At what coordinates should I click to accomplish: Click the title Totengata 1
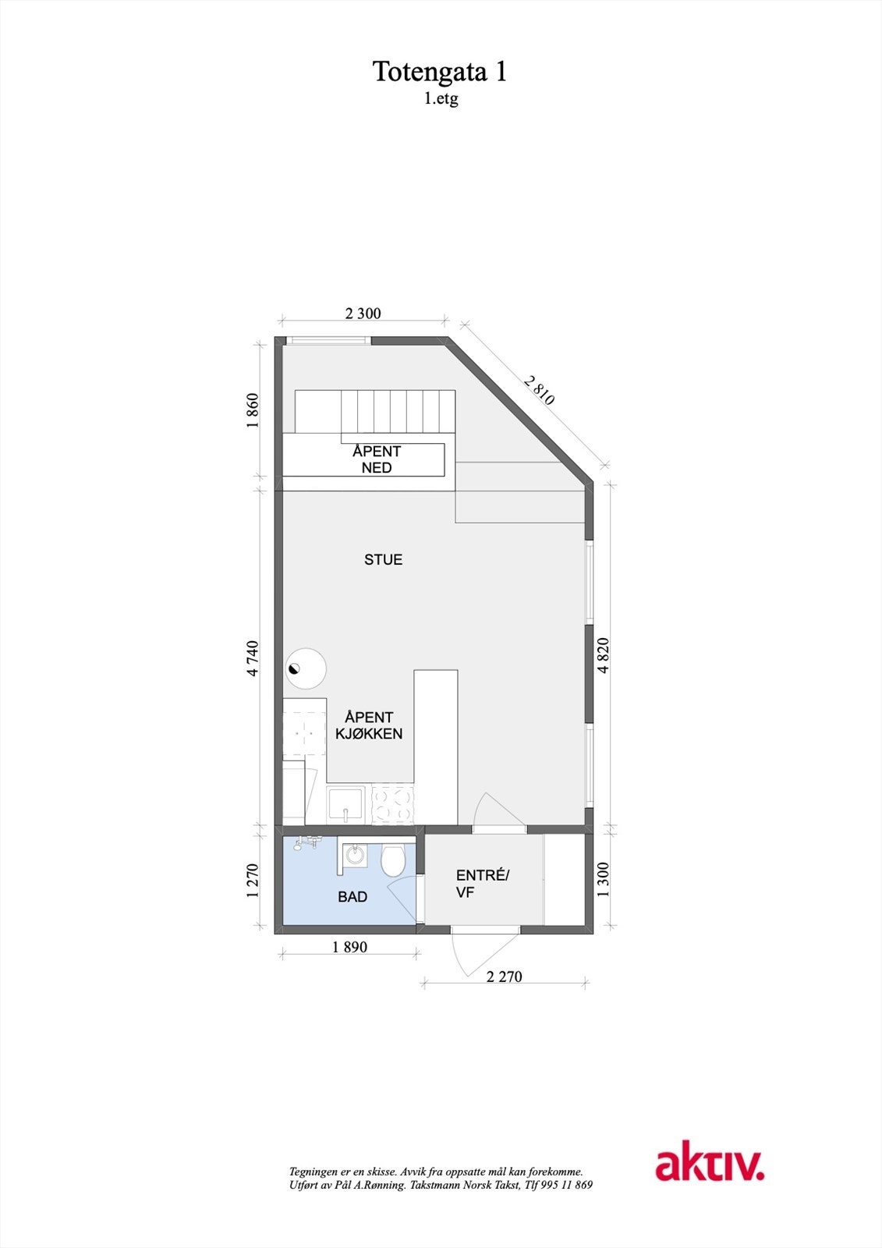(441, 72)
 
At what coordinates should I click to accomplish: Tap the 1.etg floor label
(441, 99)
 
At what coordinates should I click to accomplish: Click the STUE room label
(383, 559)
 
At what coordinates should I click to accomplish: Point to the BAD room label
(352, 897)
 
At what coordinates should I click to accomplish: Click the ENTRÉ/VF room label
(482, 884)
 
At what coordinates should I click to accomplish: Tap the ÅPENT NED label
(377, 459)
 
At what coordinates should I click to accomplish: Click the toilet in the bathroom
(392, 861)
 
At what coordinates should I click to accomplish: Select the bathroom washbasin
(356, 856)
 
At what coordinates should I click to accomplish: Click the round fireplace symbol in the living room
(306, 669)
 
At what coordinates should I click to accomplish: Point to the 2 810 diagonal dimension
(539, 390)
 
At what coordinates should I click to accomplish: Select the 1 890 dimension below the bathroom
(349, 947)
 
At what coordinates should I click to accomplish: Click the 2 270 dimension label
(504, 976)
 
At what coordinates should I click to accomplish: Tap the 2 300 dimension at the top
(363, 314)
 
